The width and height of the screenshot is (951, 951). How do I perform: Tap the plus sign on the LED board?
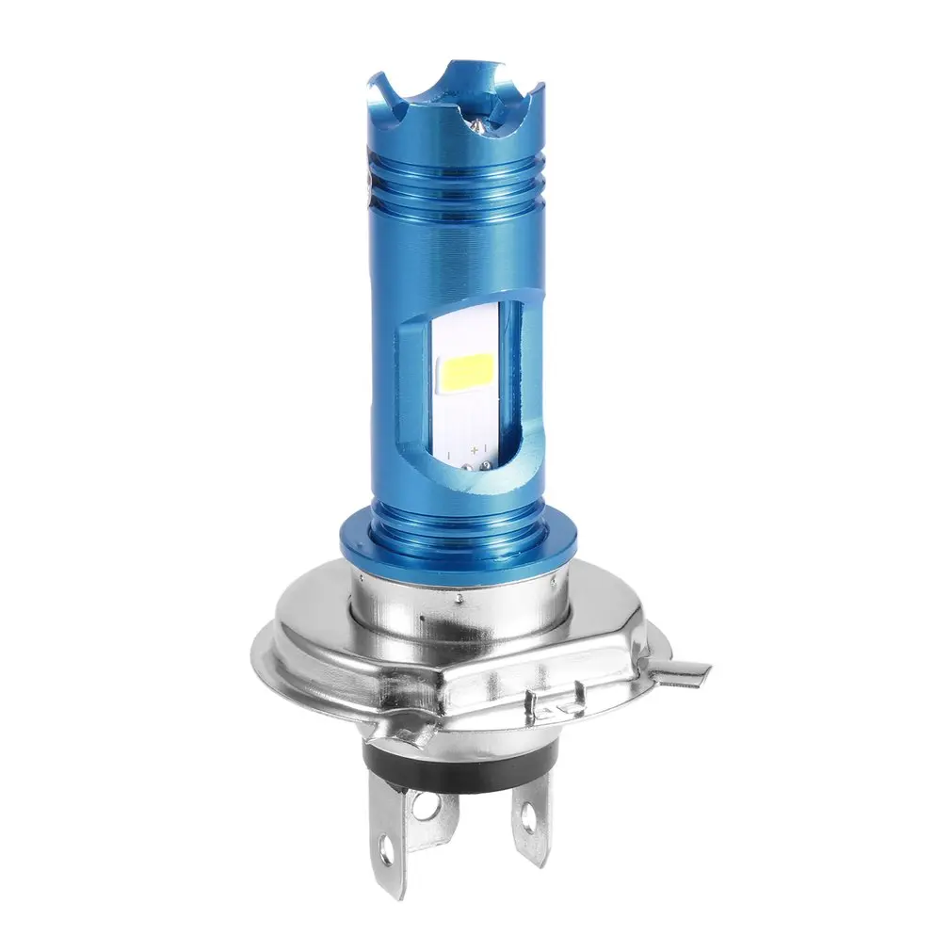click(471, 454)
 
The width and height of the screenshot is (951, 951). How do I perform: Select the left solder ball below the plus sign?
click(472, 465)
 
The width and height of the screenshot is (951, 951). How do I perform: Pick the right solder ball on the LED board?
click(484, 463)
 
